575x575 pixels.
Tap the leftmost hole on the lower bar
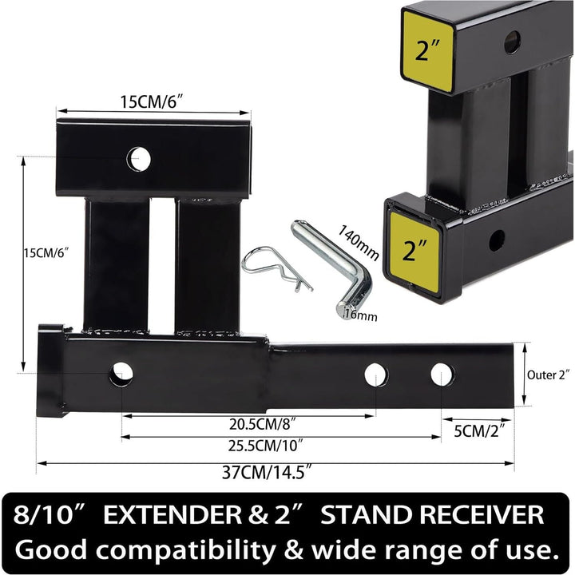(121, 371)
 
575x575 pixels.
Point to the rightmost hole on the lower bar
(441, 375)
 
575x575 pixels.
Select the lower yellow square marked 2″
(414, 252)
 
